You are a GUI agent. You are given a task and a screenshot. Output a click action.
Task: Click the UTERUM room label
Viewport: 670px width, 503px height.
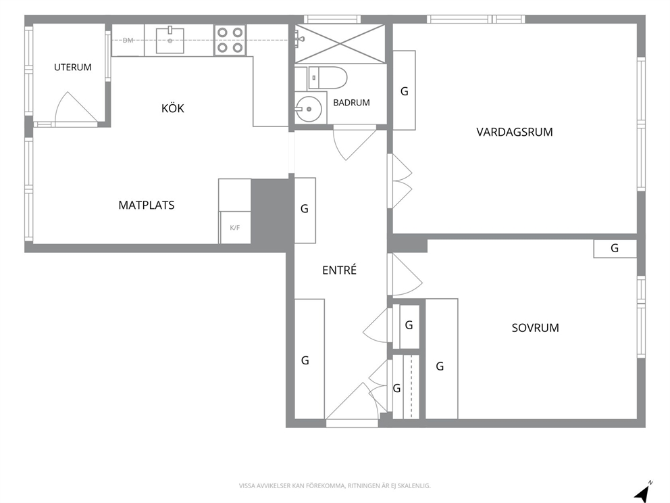[x=73, y=67]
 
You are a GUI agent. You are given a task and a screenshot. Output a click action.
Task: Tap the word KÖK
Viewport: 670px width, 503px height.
[x=173, y=108]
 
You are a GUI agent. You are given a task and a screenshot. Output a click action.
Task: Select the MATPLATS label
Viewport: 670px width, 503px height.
[x=147, y=206]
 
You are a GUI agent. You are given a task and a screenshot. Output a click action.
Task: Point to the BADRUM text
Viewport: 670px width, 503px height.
[x=351, y=103]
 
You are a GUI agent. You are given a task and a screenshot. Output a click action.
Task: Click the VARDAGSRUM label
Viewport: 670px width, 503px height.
[x=515, y=132]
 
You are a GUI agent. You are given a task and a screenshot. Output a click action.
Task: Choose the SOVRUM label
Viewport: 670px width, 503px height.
[x=536, y=328]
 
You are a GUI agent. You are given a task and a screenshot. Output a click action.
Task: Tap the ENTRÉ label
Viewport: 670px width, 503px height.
[x=339, y=270]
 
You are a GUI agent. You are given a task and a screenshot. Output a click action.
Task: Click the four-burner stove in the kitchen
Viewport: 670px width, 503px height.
[x=230, y=40]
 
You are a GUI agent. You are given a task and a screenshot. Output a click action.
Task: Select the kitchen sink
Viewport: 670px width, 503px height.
[x=170, y=40]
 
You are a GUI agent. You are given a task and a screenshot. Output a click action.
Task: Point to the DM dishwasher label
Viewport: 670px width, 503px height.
[x=128, y=40]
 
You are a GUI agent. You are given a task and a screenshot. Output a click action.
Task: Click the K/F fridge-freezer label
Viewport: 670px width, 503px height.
[x=234, y=228]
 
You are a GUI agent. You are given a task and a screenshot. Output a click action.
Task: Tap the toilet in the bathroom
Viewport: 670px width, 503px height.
[x=328, y=78]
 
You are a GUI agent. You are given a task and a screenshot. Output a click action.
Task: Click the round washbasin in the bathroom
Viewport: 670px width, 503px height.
[x=309, y=109]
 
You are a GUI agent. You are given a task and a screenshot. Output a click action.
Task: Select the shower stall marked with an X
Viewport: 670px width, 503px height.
[x=340, y=44]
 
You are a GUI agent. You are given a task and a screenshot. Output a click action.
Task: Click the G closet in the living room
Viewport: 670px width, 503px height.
[x=404, y=90]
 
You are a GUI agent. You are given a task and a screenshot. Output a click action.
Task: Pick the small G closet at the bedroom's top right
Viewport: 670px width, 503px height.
[x=615, y=249]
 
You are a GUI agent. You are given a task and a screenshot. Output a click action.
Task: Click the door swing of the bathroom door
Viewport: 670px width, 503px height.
[x=354, y=143]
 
